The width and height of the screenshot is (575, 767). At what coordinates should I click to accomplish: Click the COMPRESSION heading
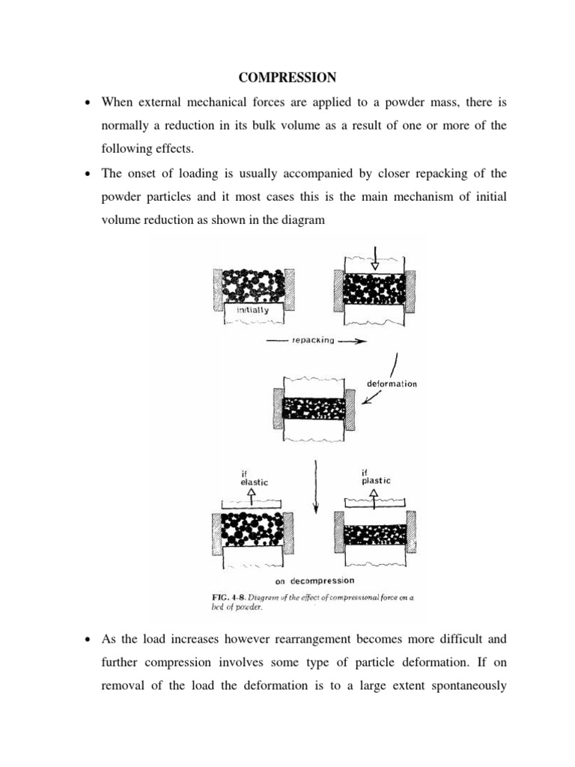287,77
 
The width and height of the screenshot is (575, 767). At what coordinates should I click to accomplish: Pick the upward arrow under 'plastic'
374,497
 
